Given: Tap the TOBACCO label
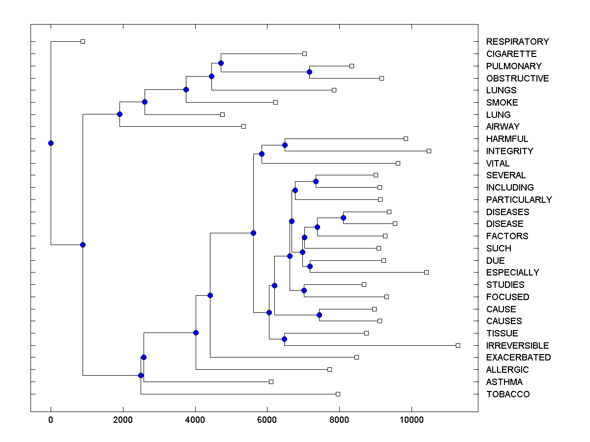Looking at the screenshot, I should (x=508, y=394).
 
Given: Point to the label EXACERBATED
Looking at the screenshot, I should (x=518, y=358).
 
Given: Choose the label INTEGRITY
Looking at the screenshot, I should (x=509, y=151).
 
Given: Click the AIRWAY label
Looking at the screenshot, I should (x=502, y=127).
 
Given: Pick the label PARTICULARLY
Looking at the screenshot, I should (x=519, y=200).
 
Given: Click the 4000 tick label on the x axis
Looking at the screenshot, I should (x=195, y=419).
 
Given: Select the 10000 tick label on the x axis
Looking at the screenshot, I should (x=412, y=419).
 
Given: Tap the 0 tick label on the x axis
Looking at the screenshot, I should (x=51, y=419).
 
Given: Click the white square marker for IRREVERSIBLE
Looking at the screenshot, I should (x=458, y=346).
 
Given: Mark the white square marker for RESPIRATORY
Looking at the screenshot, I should (x=83, y=41).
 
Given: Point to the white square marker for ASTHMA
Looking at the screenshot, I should (x=271, y=382).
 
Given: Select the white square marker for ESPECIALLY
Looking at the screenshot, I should (x=426, y=272).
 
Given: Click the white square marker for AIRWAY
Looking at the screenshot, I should (x=243, y=126).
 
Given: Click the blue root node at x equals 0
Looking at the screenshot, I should (x=51, y=143).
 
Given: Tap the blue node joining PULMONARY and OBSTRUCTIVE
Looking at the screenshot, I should (x=309, y=72).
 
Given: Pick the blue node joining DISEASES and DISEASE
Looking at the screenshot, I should (x=343, y=218).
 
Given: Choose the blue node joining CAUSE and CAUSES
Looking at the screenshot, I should (x=319, y=315).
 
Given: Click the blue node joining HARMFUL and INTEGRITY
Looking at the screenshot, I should (x=285, y=145).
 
